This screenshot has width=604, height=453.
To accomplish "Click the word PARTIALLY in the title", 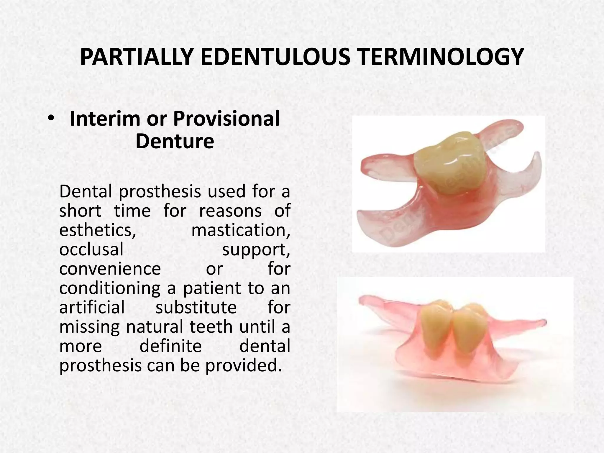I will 136,57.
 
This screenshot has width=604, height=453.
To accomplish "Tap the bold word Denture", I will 175,141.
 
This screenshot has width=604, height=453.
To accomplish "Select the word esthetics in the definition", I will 98,230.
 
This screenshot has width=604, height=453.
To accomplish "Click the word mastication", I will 240,230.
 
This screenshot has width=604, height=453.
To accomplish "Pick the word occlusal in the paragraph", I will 91,250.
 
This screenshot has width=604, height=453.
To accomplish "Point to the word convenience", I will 110,269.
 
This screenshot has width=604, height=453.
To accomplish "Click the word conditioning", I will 110,288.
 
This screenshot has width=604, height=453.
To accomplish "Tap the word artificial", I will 92,307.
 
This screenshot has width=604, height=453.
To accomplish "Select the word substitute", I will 196,307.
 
